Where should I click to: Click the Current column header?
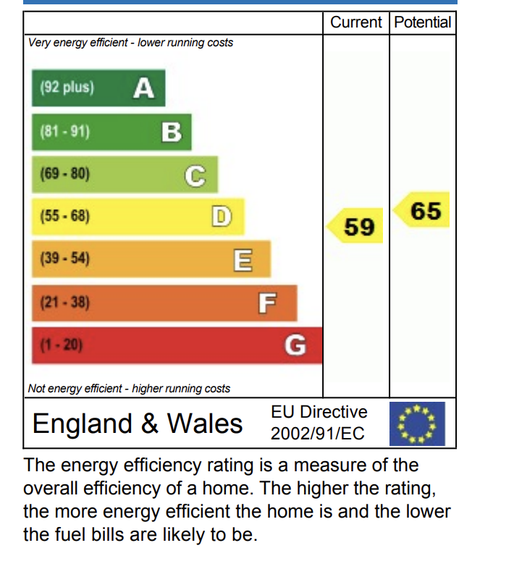tap(355, 22)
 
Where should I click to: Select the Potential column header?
tap(423, 22)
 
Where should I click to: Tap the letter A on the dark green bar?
tap(144, 88)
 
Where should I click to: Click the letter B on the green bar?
tap(172, 132)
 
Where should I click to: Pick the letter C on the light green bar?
tap(195, 177)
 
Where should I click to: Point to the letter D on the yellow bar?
tap(222, 216)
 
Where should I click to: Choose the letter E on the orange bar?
tap(243, 260)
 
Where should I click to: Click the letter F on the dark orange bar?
tap(268, 303)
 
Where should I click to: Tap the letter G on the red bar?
tap(295, 345)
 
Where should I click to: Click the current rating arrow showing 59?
tap(355, 226)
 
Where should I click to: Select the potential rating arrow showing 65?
tap(421, 210)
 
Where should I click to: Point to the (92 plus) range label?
tap(67, 88)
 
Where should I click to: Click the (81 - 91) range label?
tap(64, 131)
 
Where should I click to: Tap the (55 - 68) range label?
tap(64, 216)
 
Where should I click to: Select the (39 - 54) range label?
tap(64, 258)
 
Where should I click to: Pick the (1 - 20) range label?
tap(62, 345)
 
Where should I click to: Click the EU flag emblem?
tap(417, 423)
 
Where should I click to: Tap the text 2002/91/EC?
tap(317, 434)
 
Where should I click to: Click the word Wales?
tap(205, 423)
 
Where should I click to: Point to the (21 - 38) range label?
tap(64, 303)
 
